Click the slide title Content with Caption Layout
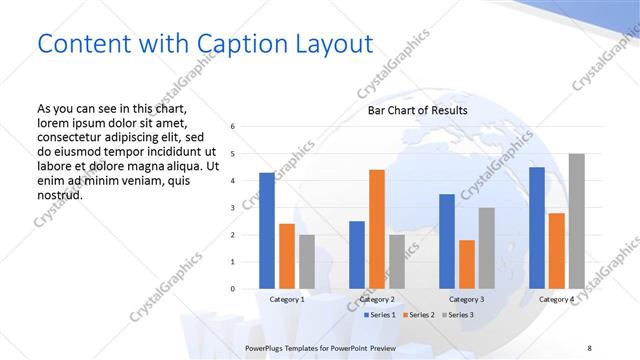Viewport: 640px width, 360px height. (205, 44)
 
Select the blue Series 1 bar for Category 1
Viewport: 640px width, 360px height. (267, 231)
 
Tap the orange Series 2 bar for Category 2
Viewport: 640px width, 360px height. (377, 229)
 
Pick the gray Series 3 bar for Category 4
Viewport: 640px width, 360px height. (576, 221)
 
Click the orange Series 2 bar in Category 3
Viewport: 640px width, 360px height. (467, 264)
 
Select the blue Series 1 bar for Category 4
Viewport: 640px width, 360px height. (536, 228)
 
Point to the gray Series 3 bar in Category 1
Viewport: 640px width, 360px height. (307, 262)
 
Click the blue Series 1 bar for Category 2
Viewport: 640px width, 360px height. (357, 255)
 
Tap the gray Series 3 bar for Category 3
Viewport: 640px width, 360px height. (487, 248)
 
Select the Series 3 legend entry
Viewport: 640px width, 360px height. (460, 315)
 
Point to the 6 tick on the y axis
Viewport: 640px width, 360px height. (232, 127)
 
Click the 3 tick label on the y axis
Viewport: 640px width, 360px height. (232, 208)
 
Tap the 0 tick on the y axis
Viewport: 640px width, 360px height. (232, 289)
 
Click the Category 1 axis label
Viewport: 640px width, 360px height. (287, 299)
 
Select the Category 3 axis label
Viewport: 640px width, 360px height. (467, 299)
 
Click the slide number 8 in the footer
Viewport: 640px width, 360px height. (589, 347)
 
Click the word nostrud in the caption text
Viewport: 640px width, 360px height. (59, 194)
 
